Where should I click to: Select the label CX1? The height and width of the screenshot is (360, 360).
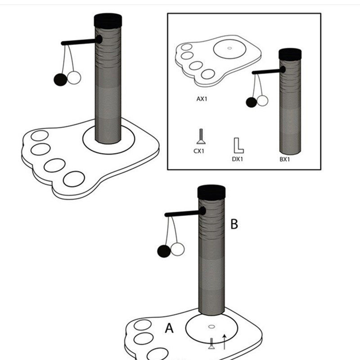pos(199,151)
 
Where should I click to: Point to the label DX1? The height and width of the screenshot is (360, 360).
pos(238,159)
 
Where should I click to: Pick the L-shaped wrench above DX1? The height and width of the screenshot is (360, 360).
pos(238,145)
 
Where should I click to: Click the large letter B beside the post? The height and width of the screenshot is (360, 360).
pos(234,224)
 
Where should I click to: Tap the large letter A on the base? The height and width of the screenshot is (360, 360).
pos(169,328)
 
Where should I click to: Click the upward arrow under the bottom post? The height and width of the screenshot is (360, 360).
pos(225,342)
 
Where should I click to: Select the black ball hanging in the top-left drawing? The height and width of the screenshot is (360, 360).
pos(60,79)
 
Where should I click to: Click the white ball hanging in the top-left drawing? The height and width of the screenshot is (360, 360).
pos(74,78)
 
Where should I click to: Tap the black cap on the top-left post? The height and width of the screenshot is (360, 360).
pos(108,20)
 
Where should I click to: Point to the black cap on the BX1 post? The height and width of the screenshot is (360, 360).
pos(290,54)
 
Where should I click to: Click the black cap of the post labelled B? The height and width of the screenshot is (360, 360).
pos(211,192)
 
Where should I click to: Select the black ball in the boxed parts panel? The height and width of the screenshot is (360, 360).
pos(252,102)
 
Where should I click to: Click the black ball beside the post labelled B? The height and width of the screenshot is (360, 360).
pos(164,251)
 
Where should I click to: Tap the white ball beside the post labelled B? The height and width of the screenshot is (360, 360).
pos(177,249)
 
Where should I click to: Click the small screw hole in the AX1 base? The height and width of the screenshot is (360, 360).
pos(229,48)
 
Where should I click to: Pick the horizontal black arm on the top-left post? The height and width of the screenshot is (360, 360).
pos(79,42)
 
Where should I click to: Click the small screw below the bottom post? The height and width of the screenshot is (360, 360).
pos(211,344)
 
